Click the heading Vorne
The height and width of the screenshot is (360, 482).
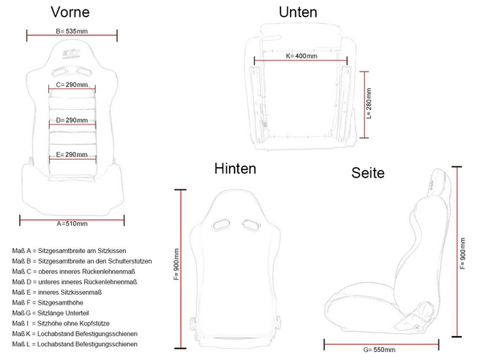71,12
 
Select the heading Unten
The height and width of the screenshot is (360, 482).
298,12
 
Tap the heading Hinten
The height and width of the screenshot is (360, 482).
235,169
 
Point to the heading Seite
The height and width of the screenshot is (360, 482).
368,173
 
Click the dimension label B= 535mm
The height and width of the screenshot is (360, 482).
71,31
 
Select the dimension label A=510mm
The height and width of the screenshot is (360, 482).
72,223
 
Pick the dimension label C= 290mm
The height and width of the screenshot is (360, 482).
72,84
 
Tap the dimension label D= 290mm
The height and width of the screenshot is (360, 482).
72,121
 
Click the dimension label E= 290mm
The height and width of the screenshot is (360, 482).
71,154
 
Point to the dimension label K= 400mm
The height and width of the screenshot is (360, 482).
301,56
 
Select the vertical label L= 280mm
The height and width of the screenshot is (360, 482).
369,104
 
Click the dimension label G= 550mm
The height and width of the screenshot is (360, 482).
379,350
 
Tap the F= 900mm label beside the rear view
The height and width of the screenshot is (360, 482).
177,264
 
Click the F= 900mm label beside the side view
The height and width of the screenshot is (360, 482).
463,254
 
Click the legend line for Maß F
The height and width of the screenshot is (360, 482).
47,302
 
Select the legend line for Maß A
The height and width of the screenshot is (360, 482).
69,251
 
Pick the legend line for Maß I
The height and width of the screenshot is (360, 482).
61,323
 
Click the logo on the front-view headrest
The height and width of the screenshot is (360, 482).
71,54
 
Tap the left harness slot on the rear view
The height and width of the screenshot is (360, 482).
221,225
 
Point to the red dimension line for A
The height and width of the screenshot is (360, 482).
72,220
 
